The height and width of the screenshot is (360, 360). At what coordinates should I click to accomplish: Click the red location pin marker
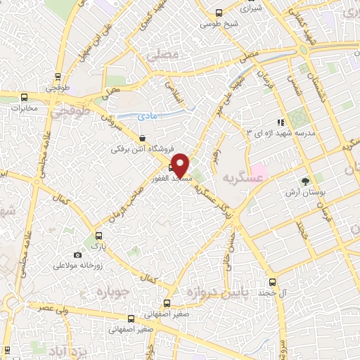coord(180,165)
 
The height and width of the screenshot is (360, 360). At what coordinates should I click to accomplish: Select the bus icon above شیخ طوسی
coord(219,13)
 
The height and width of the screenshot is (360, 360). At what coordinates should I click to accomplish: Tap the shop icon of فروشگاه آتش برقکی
coord(143,139)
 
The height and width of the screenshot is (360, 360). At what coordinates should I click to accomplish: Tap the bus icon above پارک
coord(98,236)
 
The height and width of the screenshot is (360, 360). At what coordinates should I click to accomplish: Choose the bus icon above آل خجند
coord(268,280)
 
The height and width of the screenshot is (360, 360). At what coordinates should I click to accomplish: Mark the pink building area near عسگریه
coord(257,169)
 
